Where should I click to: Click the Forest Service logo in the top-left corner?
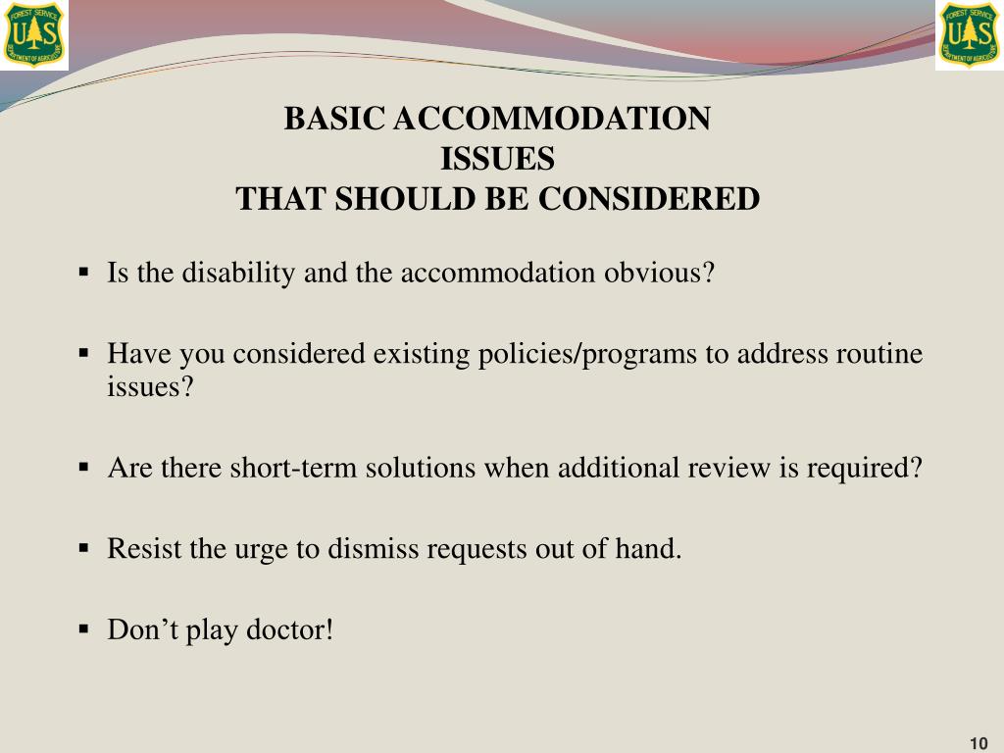pos(34,34)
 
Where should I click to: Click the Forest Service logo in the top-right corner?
pos(969,34)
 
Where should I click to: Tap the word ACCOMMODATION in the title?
pos(551,119)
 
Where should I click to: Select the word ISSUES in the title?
pos(498,159)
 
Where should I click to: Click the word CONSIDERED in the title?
pos(649,199)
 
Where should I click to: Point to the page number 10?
pos(978,741)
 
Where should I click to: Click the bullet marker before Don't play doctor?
pos(84,628)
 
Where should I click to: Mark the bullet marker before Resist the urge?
pos(84,547)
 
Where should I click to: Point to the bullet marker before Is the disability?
pos(84,272)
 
